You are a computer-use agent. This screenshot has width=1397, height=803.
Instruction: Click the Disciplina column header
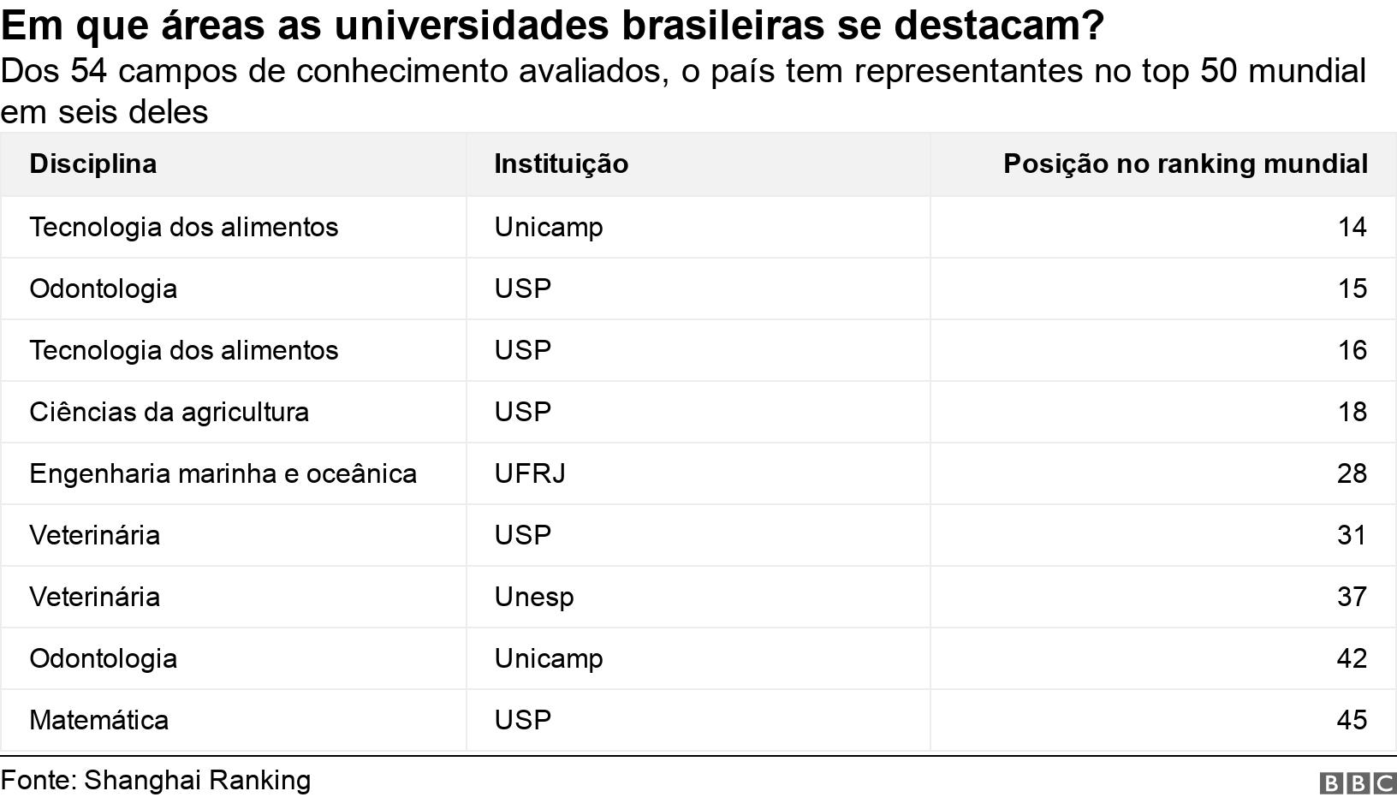coord(92,164)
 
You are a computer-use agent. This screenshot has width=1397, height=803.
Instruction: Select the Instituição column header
coord(561,164)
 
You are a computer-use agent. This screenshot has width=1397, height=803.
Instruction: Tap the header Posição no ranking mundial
coord(1185,164)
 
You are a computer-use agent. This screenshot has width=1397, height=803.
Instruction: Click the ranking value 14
coord(1352,227)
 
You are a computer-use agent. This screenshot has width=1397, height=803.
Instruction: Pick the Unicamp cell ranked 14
coord(548,227)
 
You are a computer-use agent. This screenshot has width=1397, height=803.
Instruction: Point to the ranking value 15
coord(1352,288)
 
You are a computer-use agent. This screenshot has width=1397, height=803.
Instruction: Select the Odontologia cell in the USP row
coord(103,288)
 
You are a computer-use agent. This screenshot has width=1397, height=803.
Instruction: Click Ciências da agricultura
coord(169,412)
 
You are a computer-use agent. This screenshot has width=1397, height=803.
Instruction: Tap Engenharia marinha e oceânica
coord(223,473)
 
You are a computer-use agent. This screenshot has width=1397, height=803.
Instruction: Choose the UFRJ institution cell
coord(529,473)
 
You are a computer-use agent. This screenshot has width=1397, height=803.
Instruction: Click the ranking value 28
coord(1352,473)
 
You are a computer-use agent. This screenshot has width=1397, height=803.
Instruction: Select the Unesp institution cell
coord(533,597)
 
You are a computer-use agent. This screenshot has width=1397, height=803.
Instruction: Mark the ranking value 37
coord(1352,597)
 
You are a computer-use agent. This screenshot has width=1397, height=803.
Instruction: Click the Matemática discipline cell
coord(98,720)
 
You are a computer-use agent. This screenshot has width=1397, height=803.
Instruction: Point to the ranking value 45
coord(1352,720)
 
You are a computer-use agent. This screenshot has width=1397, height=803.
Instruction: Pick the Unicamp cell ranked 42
coord(548,658)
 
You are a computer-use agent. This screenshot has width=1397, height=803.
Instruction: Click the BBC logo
coord(1357,782)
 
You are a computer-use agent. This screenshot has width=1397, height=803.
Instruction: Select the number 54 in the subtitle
coord(88,71)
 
